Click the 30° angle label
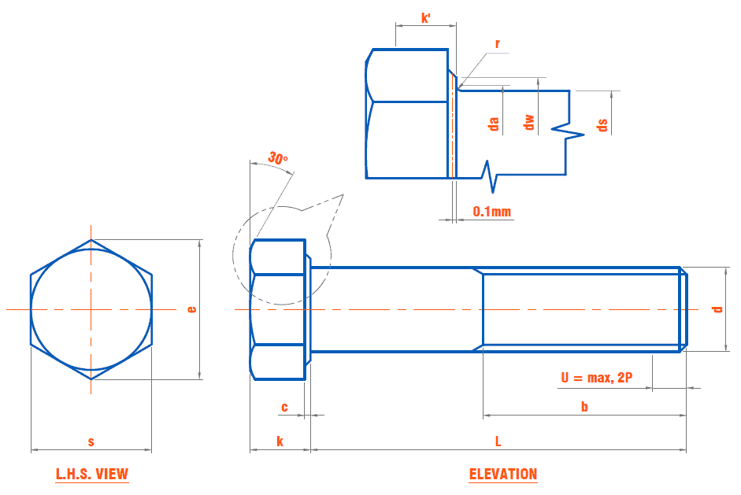tap(277, 158)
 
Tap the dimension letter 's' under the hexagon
tap(91, 441)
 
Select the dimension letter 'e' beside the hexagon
tap(191, 309)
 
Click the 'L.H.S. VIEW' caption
tap(92, 475)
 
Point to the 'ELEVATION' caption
tap(503, 475)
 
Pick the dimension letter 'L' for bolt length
tap(498, 441)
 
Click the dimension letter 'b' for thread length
tap(584, 407)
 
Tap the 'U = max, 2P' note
tap(597, 379)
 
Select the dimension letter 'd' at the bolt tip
tap(717, 309)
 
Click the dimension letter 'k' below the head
tap(280, 441)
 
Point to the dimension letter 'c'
tap(284, 407)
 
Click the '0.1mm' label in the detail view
tap(492, 211)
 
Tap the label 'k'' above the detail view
tap(426, 17)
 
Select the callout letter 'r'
tap(498, 44)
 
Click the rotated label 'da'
tap(494, 124)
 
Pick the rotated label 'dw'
tap(529, 122)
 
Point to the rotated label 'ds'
tap(602, 124)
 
